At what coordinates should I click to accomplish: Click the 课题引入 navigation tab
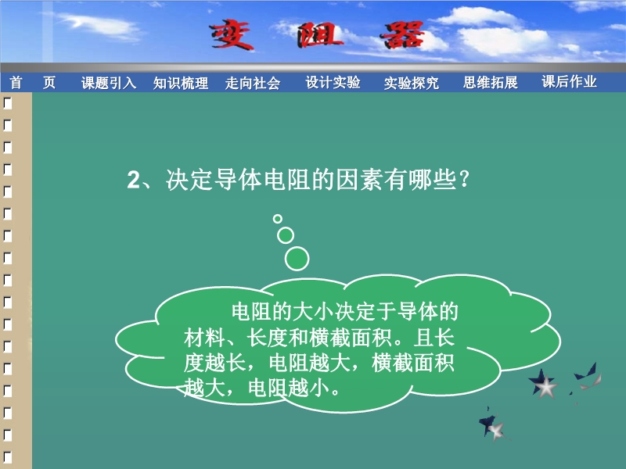pos(109,83)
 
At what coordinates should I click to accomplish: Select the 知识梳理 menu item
pos(181,83)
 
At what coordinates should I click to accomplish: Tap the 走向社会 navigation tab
pos(253,83)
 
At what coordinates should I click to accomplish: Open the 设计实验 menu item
pos(333,82)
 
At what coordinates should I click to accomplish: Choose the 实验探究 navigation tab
pos(412,83)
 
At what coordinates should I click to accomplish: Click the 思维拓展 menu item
pos(491,82)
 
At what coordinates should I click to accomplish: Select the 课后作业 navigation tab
pos(570,81)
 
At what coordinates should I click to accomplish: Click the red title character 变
pos(232,35)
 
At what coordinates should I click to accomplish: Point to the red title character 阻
pos(319,35)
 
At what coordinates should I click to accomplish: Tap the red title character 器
pos(403,35)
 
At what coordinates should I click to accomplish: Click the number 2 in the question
pos(133,180)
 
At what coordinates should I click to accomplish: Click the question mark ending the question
pos(464,180)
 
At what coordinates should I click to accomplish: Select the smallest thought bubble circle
pos(278,219)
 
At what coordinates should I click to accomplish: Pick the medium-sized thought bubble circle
pos(286,235)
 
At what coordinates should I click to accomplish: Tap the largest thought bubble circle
pos(297,259)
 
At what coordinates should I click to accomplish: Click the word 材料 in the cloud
pos(204,338)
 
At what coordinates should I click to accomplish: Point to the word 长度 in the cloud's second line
pos(267,338)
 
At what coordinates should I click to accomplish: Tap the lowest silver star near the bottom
pos(496,431)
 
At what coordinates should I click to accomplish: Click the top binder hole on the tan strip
pos(8,104)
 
